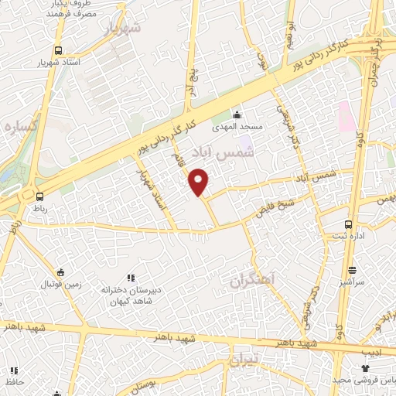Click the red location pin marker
pyautogui.click(x=200, y=181)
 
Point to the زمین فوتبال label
pyautogui.click(x=60, y=285)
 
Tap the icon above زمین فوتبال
pyautogui.click(x=60, y=271)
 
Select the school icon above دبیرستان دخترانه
pyautogui.click(x=130, y=278)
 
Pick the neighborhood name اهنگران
pyautogui.click(x=252, y=282)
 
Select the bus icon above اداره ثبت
pyautogui.click(x=347, y=222)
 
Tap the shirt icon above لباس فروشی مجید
pyautogui.click(x=365, y=368)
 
